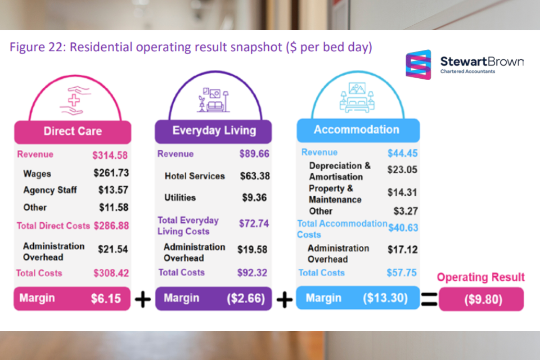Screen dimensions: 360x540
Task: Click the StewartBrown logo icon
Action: pyautogui.click(x=418, y=65)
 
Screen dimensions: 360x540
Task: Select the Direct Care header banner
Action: pyautogui.click(x=72, y=131)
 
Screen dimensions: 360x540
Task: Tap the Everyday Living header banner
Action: pyautogui.click(x=214, y=130)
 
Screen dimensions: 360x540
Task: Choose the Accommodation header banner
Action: pyautogui.click(x=356, y=130)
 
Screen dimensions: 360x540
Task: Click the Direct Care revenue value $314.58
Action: pyautogui.click(x=110, y=156)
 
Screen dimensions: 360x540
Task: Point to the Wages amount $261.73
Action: pyautogui.click(x=111, y=173)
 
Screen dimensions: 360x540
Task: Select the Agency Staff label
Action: pyautogui.click(x=50, y=190)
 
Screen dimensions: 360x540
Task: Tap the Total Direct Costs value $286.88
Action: pyautogui.click(x=111, y=225)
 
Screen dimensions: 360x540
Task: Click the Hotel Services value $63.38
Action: pyautogui.click(x=255, y=175)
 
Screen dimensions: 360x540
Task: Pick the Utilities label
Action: pyautogui.click(x=180, y=197)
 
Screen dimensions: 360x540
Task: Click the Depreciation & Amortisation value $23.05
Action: pyautogui.click(x=402, y=170)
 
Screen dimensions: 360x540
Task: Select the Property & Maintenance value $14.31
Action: pyautogui.click(x=402, y=193)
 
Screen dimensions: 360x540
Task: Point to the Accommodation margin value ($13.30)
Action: pyautogui.click(x=385, y=298)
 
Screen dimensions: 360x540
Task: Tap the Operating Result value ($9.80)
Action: pyautogui.click(x=483, y=300)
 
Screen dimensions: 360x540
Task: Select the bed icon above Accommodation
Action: pyautogui.click(x=357, y=98)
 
